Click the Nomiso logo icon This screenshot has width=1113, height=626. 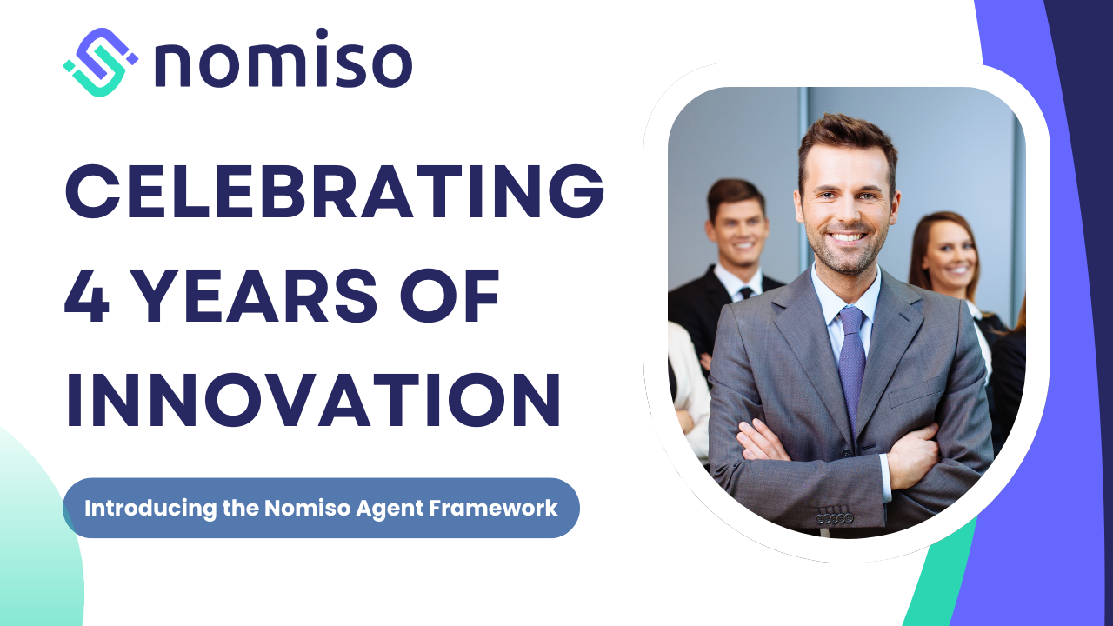pyautogui.click(x=100, y=62)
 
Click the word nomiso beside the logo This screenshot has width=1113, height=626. pyautogui.click(x=283, y=58)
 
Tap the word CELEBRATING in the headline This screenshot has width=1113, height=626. pyautogui.click(x=335, y=191)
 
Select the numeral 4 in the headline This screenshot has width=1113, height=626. pyautogui.click(x=87, y=296)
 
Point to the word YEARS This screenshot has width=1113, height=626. pyautogui.click(x=256, y=296)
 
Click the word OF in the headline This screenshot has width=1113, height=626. pyautogui.click(x=450, y=296)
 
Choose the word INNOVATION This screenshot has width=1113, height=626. pyautogui.click(x=314, y=400)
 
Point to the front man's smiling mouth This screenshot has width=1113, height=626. pyautogui.click(x=847, y=237)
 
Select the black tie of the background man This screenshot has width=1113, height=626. pyautogui.click(x=746, y=293)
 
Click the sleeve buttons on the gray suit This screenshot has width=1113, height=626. pyautogui.click(x=835, y=518)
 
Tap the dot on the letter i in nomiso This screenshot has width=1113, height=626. pyautogui.click(x=322, y=33)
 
